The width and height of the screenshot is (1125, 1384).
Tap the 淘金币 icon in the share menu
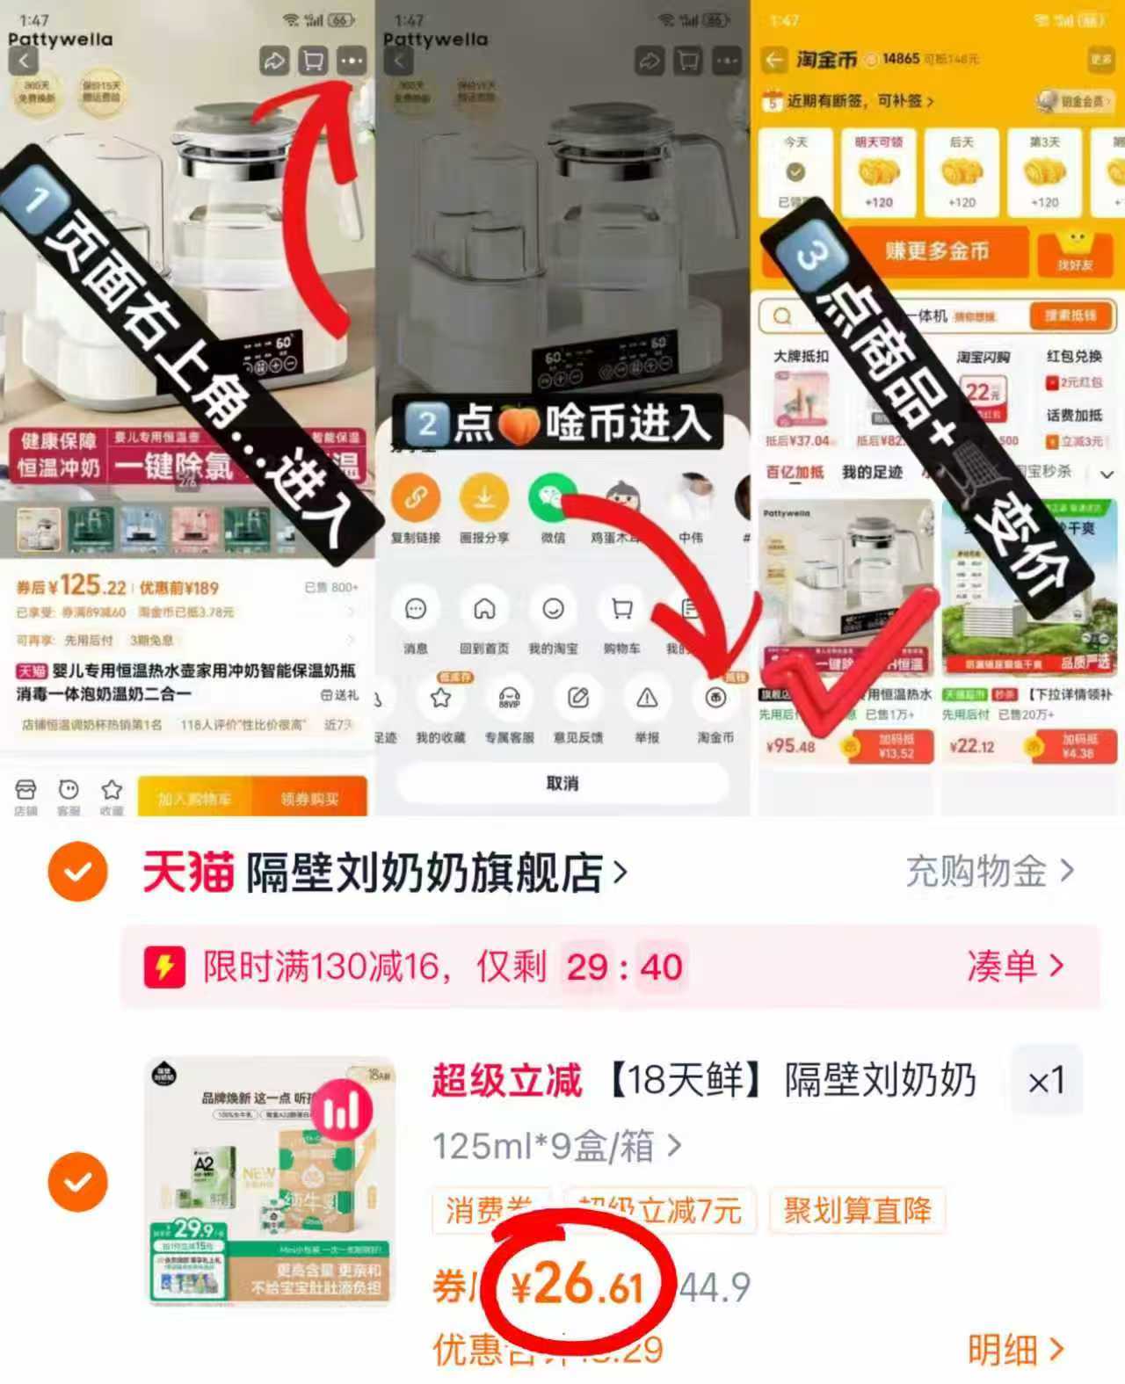715,699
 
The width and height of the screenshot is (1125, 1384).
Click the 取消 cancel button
562,782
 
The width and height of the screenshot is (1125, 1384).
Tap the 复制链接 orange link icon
416,497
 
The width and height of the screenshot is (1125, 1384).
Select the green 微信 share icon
553,497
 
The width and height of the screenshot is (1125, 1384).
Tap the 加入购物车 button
195,798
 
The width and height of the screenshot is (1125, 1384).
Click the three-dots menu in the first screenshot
352,61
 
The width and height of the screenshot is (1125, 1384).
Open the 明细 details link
1015,1349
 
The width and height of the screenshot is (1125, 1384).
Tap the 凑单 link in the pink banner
1015,967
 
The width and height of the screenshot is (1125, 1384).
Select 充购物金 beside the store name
989,871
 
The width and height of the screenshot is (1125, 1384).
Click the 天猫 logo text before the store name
187,873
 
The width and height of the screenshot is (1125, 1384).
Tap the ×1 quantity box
1046,1081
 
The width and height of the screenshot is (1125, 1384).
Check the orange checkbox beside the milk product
78,1181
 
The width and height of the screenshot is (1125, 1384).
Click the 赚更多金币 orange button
937,251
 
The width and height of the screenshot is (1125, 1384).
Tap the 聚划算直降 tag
857,1210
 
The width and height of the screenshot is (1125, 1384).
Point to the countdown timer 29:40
624,967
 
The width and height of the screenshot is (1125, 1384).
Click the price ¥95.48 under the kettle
791,746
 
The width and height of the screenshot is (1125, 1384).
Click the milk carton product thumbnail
271,1179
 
